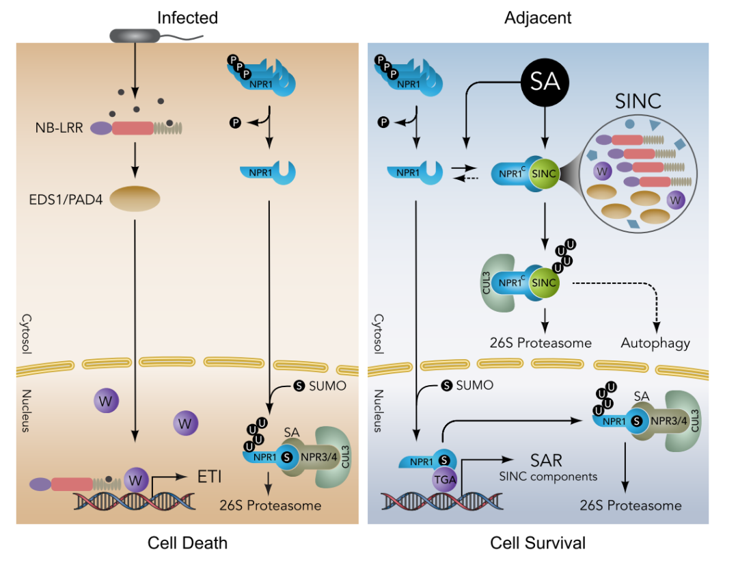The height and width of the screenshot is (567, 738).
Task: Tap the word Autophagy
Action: (x=655, y=342)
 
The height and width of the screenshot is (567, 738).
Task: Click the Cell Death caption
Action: (x=187, y=543)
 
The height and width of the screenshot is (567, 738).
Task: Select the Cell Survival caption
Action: (x=538, y=543)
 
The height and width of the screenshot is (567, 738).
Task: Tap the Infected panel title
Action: (x=187, y=18)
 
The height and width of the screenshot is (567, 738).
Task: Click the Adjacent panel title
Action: (x=538, y=18)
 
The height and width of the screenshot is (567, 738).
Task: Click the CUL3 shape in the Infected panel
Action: (x=335, y=458)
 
